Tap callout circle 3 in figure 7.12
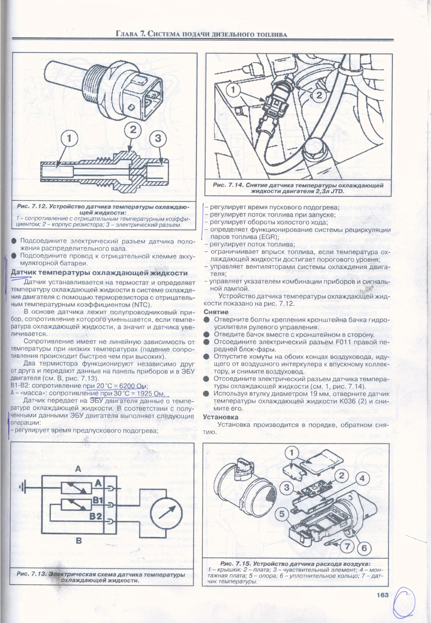[158, 138]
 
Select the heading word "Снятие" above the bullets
[216, 312]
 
